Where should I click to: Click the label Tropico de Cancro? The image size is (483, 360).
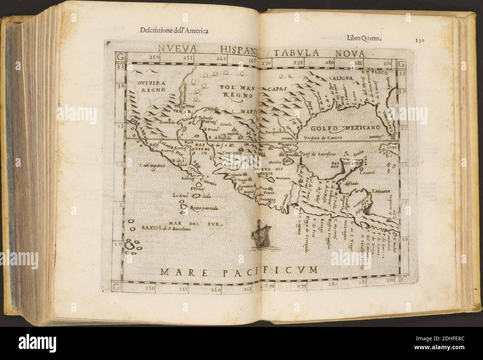[322, 138]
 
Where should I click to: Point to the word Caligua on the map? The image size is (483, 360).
[342, 79]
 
